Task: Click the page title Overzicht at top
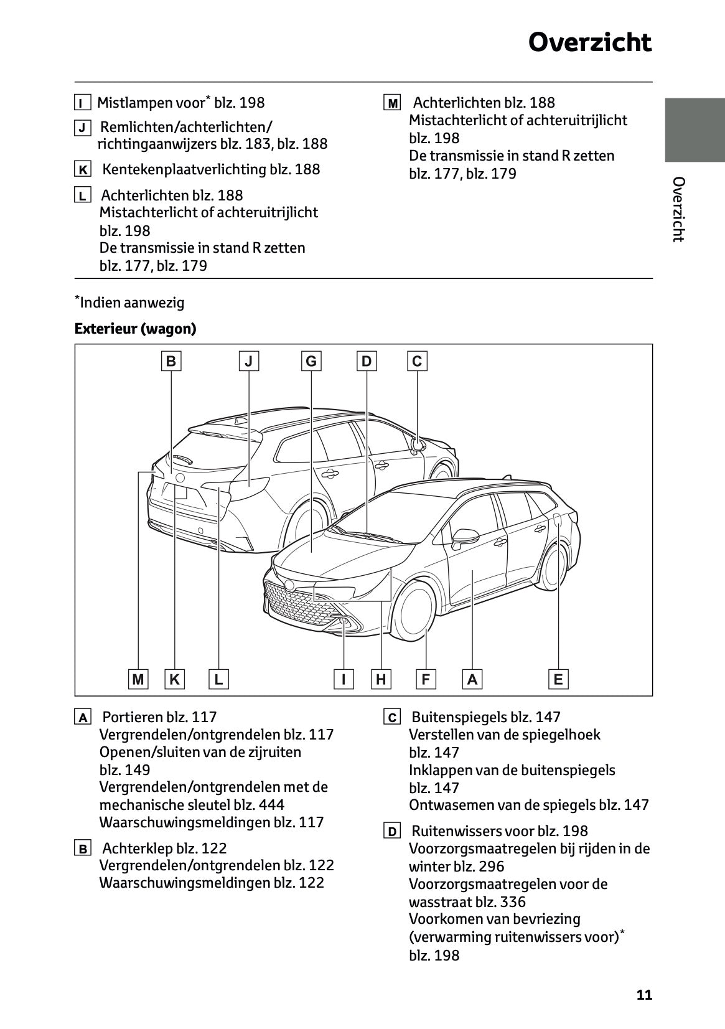click(589, 43)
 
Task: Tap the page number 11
click(644, 995)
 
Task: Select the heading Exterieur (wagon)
click(135, 329)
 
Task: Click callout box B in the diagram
click(171, 361)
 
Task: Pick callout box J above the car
click(248, 361)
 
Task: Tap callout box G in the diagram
click(311, 361)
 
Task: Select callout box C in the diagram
click(417, 361)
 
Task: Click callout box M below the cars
click(138, 679)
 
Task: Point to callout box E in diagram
click(558, 679)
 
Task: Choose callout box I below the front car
click(344, 679)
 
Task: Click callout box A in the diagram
click(472, 679)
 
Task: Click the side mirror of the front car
click(466, 537)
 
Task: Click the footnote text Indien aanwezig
click(133, 303)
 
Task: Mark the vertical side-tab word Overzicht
click(678, 209)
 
